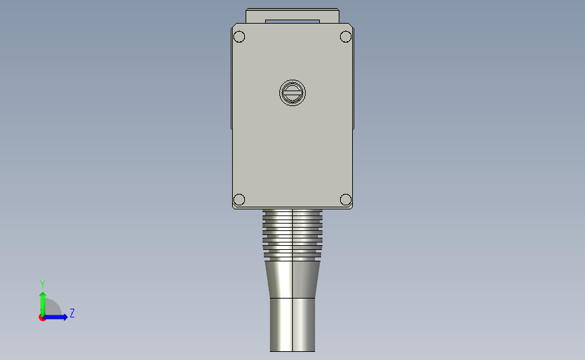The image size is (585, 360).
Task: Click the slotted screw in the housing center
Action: pos(292,93)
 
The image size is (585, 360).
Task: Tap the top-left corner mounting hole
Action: pos(239,36)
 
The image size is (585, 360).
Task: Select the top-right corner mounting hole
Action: pos(345,36)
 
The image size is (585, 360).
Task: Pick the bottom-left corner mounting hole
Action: pos(239,199)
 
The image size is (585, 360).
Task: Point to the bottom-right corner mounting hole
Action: pos(345,199)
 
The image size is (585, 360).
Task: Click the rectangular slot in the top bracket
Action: pos(292,22)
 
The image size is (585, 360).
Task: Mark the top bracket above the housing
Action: pos(292,15)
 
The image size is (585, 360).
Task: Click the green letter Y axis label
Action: pos(42,284)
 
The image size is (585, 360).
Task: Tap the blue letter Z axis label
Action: pos(72,313)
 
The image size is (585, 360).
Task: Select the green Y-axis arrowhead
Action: pos(43,295)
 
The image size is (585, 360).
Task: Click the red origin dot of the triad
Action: pos(43,317)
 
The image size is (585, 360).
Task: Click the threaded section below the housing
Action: pos(292,233)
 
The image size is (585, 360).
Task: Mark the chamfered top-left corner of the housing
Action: pos(234,27)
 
